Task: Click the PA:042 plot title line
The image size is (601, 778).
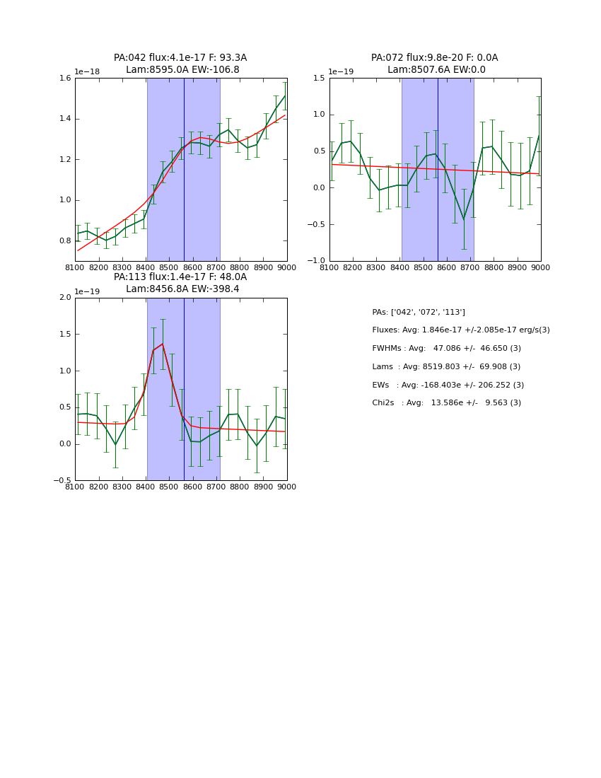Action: [x=180, y=58]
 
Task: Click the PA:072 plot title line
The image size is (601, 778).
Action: [x=434, y=58]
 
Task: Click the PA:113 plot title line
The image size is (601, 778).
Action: [x=180, y=277]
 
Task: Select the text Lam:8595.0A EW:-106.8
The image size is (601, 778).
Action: [x=182, y=70]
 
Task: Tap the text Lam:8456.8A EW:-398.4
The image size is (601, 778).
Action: [x=182, y=289]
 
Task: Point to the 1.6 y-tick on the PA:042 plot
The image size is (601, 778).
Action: [x=64, y=79]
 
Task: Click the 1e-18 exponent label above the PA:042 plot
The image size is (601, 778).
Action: [x=88, y=72]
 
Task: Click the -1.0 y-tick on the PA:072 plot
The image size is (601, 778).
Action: [x=317, y=261]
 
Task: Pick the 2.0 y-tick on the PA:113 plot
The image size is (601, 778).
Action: [x=64, y=298]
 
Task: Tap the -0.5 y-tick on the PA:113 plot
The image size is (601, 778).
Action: [x=63, y=480]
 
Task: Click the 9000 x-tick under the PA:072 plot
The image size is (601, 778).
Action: [x=541, y=267]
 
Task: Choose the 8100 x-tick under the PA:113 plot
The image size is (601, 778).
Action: [x=76, y=487]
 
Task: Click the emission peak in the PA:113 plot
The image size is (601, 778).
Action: [x=163, y=344]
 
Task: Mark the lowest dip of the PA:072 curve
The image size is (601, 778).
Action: [x=464, y=219]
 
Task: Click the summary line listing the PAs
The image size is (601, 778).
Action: [x=419, y=313]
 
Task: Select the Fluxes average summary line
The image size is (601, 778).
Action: [x=460, y=330]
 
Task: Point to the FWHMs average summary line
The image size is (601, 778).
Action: [x=446, y=349]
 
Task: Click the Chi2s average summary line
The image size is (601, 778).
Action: [x=446, y=403]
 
